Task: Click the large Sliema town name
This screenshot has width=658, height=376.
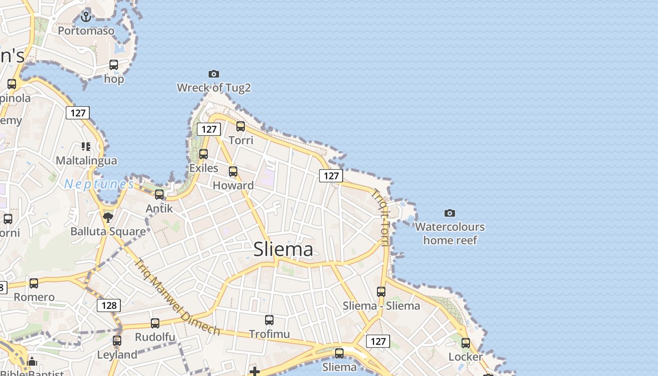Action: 283,249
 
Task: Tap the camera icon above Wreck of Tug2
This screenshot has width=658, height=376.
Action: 214,74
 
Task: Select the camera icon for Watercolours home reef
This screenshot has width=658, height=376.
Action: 450,213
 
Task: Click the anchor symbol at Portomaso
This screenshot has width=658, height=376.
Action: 86,17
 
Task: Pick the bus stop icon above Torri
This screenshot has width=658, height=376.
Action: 241,126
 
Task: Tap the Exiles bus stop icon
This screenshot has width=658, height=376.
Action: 204,154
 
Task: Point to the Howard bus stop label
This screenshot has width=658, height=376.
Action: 233,186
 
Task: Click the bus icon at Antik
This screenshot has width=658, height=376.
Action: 159,195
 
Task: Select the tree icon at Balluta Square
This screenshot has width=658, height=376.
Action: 108,217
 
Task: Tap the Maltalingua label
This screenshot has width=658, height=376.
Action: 86,161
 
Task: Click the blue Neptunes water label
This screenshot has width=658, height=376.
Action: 99,184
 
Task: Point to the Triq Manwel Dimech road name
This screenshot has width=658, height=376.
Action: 177,297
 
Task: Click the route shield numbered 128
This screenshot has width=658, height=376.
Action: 109,305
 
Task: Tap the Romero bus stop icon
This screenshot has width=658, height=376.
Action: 34,283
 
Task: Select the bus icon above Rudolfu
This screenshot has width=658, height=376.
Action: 155,323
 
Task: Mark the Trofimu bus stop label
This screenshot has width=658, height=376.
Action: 269,334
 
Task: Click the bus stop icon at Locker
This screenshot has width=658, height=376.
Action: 466,343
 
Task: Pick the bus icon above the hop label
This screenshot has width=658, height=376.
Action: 114,65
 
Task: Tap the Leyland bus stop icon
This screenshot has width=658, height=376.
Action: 117,341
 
